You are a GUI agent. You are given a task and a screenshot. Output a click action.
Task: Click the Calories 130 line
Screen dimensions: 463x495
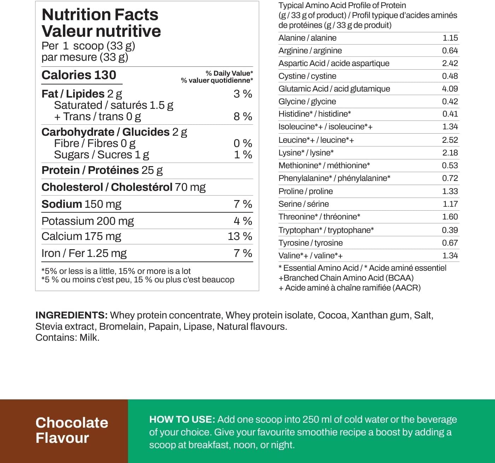79,75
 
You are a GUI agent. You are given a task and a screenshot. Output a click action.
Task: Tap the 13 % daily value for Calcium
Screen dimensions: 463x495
240,236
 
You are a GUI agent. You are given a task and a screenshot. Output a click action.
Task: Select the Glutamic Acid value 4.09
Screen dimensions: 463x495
450,89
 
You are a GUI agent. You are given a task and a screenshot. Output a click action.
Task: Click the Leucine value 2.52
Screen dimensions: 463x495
450,140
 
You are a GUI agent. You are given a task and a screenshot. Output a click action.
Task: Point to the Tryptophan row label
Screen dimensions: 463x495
326,230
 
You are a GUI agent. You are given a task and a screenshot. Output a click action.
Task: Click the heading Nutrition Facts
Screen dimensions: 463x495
100,15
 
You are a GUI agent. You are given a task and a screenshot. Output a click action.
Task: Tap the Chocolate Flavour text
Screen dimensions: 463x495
72,430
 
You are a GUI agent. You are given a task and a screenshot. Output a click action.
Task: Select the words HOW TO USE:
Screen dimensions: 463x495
182,420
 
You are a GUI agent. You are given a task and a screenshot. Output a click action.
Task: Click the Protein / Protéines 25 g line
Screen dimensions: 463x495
102,170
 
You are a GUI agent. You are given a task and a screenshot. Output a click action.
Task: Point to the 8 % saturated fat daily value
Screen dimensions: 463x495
243,116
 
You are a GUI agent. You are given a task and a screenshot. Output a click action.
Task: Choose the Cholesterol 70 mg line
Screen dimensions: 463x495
123,187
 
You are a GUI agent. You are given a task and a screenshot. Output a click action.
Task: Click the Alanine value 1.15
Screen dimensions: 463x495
450,38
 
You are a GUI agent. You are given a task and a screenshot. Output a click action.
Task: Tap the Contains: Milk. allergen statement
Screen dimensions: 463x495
67,338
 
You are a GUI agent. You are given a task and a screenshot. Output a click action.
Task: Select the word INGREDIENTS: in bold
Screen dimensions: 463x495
71,315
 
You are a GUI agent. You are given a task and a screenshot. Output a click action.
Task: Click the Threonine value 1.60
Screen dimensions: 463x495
450,217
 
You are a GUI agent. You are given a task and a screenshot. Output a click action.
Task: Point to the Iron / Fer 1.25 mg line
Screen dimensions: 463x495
84,253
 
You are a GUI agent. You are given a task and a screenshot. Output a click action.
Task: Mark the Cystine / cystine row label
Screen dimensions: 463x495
307,76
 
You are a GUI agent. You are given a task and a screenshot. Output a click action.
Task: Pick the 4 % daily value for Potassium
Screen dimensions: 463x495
243,221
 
